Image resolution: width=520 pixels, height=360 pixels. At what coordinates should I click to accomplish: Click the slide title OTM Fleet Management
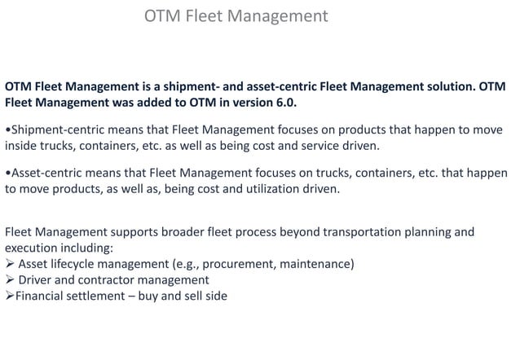click(x=236, y=16)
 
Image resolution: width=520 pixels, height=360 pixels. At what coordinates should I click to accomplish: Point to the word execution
click(x=33, y=248)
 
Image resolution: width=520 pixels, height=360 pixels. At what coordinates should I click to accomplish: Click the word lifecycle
click(x=82, y=264)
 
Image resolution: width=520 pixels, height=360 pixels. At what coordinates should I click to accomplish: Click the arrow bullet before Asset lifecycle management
click(x=9, y=264)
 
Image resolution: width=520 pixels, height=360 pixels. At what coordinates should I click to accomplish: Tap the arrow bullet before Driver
click(x=9, y=280)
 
